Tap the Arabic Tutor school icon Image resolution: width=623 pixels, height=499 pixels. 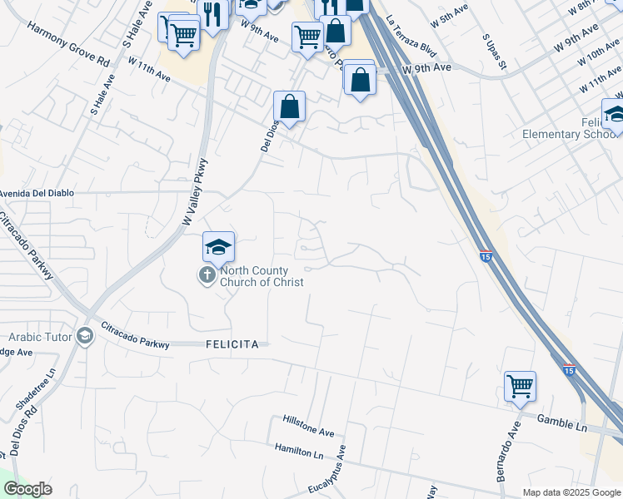(x=84, y=335)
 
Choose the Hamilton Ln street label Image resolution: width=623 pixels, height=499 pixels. (x=299, y=450)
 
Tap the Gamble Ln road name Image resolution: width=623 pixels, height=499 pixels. (x=562, y=422)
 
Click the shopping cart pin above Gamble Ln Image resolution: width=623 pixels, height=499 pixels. (x=520, y=385)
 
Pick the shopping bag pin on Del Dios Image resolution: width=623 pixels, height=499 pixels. (x=289, y=106)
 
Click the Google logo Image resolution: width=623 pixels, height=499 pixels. (x=27, y=489)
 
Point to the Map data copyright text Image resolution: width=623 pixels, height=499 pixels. (x=571, y=492)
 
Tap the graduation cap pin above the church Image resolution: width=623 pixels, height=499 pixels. (x=218, y=246)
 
